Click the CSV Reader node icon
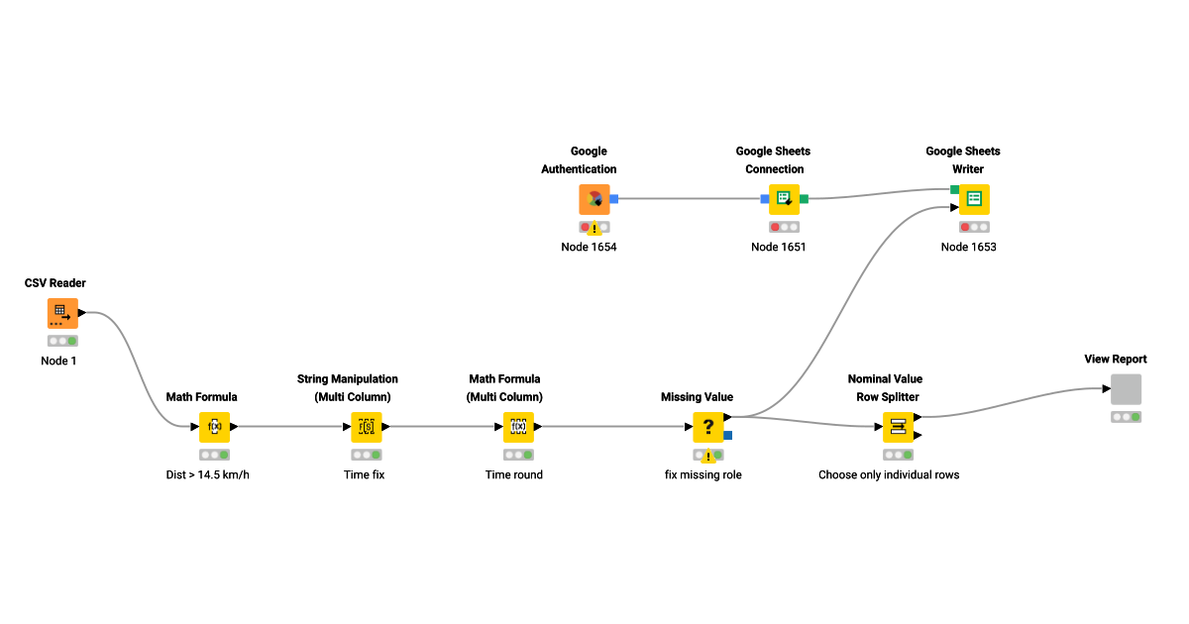click(x=62, y=314)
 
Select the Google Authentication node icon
click(x=594, y=199)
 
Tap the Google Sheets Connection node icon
click(x=784, y=199)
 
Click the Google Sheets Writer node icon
click(x=974, y=199)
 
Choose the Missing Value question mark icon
click(x=708, y=427)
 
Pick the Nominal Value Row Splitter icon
click(x=898, y=427)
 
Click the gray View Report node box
click(x=1126, y=389)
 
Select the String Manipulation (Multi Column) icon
click(x=366, y=427)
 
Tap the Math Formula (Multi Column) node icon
click(x=518, y=427)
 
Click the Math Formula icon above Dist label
click(x=214, y=427)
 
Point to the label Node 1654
click(x=589, y=247)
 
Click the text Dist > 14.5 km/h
click(x=214, y=474)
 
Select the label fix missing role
click(x=703, y=474)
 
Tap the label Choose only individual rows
click(x=889, y=474)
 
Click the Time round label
click(x=513, y=474)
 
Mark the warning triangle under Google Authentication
click(x=594, y=230)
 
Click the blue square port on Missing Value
click(x=728, y=435)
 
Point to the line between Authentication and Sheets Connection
click(x=689, y=199)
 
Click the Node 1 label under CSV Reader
click(x=58, y=361)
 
